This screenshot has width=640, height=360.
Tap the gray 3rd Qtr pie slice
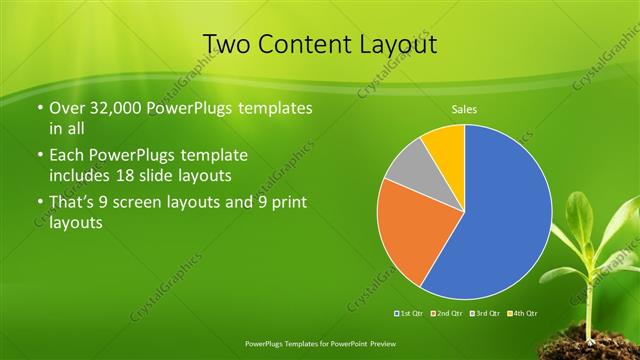[408, 173]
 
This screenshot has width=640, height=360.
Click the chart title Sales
[463, 108]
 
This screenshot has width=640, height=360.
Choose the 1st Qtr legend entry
[410, 314]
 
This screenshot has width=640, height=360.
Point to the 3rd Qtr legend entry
[485, 314]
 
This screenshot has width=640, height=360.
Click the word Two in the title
[228, 44]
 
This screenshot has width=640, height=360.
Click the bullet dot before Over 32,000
[39, 108]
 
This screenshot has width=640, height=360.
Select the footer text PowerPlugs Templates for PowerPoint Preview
[320, 342]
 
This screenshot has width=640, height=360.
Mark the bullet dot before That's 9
[39, 204]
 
